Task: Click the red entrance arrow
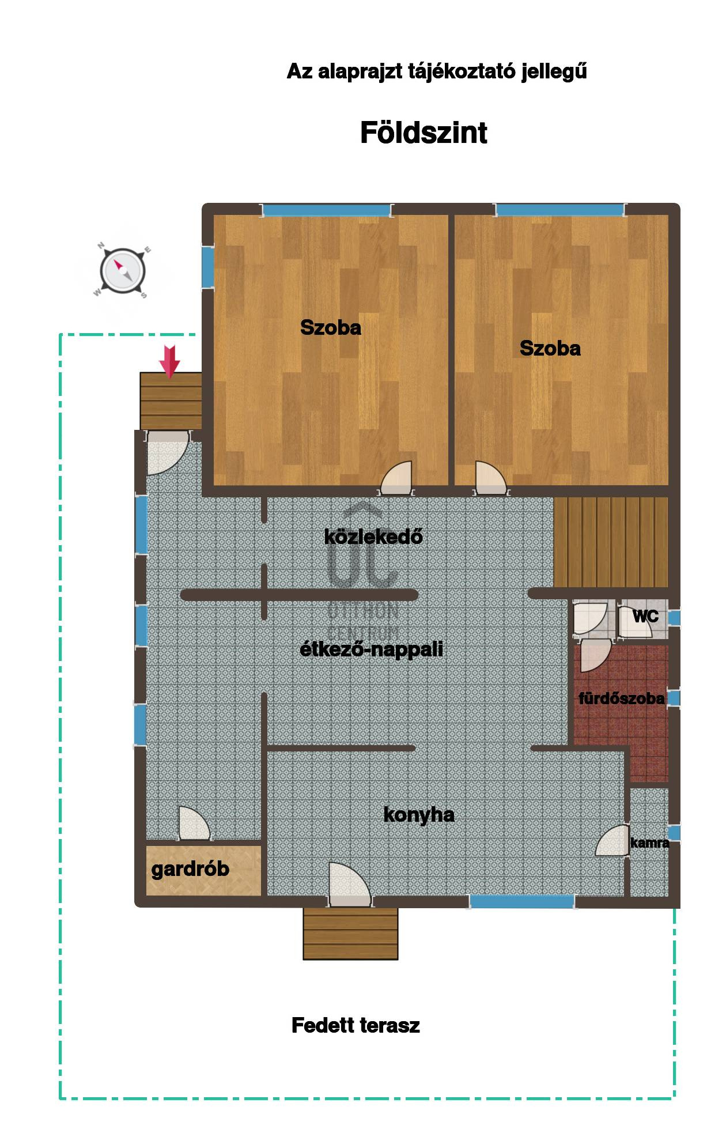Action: click(x=169, y=361)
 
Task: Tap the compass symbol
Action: click(x=122, y=270)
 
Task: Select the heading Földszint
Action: click(x=423, y=133)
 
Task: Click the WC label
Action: click(x=645, y=616)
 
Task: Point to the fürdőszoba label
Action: click(x=621, y=698)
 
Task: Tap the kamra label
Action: click(x=649, y=843)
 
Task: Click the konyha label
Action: click(x=419, y=815)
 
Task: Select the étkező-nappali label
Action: click(x=372, y=649)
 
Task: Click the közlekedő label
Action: click(x=373, y=537)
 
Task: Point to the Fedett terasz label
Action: click(x=356, y=1025)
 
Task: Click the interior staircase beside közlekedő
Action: click(x=611, y=542)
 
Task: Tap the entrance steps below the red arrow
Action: click(x=171, y=401)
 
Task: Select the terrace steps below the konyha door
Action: click(x=350, y=934)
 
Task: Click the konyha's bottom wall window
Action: click(x=522, y=901)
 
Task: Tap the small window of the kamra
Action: click(x=674, y=833)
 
